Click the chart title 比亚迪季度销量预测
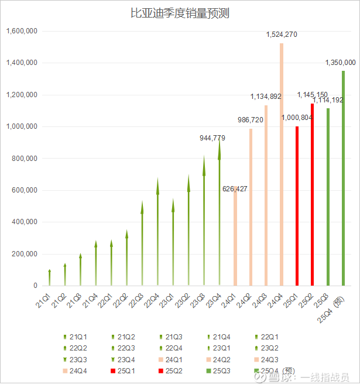tap(179, 13)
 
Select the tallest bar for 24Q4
tap(282, 164)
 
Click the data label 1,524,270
tap(282, 35)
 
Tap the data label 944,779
tap(212, 138)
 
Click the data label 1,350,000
tap(340, 62)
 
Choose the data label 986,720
tap(251, 120)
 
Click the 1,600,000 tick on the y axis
tap(22, 31)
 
